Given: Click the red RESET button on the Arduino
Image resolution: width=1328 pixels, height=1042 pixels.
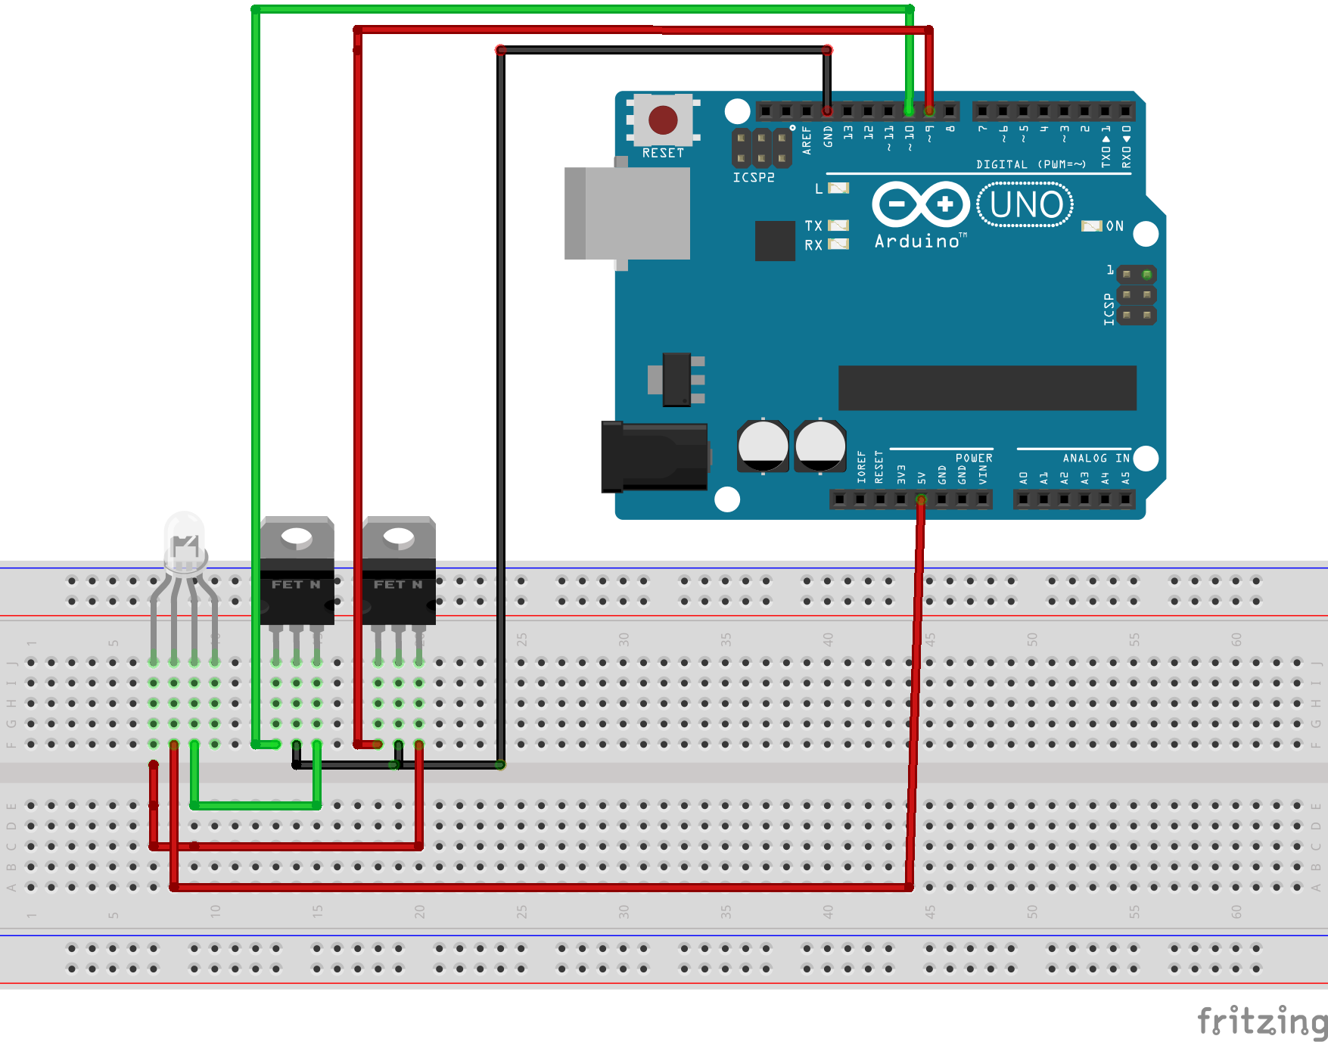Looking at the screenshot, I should (663, 120).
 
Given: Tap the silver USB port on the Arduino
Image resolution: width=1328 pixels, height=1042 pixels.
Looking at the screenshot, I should (627, 213).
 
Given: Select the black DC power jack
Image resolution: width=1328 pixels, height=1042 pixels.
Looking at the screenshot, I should (655, 457).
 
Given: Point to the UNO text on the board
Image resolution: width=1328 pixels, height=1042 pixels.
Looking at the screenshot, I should (1025, 204).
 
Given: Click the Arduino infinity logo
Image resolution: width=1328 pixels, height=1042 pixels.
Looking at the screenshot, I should (920, 204).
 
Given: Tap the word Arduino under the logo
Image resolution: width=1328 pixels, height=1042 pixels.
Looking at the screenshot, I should (917, 241).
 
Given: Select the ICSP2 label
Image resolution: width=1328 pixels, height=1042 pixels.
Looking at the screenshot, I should (754, 178).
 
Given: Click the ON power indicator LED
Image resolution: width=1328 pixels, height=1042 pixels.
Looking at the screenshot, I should (1091, 226).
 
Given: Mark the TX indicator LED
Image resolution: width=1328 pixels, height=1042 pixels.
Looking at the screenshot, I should (838, 226).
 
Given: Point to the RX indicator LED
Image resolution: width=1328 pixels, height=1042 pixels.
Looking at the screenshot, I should (838, 244).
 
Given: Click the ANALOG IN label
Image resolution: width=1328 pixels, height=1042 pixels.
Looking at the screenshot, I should (1096, 458).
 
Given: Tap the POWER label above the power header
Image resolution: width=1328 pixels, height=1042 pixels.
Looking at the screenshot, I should (974, 458).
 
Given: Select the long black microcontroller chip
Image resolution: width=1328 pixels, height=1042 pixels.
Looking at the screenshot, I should (987, 388).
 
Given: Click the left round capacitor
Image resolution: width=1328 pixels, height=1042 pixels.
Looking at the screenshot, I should (763, 446).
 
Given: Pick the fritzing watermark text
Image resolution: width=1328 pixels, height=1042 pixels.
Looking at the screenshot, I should (1262, 1021).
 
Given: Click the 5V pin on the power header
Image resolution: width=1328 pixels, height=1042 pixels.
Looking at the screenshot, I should (921, 499).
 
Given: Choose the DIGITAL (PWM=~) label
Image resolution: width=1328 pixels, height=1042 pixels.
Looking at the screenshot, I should (1031, 164).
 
